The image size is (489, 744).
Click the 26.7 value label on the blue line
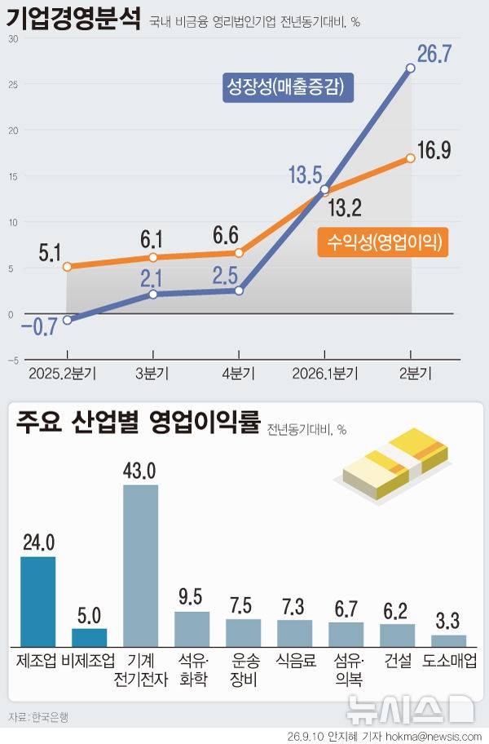coord(434,54)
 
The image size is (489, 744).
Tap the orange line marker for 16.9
coord(411,158)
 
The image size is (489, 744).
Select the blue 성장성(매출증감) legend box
coord(288,87)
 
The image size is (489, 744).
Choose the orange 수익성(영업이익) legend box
coord(383,242)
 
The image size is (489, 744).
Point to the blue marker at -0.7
coord(68,321)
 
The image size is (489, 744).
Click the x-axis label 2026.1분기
coord(325,374)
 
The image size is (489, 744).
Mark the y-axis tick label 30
coord(13,39)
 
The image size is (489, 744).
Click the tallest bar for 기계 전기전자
coord(141,565)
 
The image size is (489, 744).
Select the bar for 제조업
coord(38,602)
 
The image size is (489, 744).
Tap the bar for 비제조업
coord(89,637)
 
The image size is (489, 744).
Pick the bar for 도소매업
coord(449,640)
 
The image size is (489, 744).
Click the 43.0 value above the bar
coord(139,471)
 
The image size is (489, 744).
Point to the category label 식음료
coord(296,660)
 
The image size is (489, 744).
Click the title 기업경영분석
coord(73,18)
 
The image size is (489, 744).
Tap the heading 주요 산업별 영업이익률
coord(139,421)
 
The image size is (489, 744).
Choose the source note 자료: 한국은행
coord(38,717)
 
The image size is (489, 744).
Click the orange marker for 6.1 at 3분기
coord(153,257)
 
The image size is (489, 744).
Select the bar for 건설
coord(397,635)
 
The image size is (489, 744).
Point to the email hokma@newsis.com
coord(434,737)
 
